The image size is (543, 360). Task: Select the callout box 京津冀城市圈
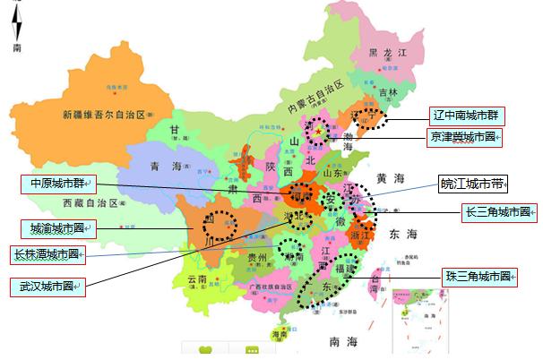[462, 137]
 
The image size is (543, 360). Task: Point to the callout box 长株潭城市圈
[47, 254]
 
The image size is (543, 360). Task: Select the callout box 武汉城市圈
[47, 287]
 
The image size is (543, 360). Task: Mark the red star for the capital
[319, 129]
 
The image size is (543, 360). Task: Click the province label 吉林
[387, 91]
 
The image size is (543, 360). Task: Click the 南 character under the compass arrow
[17, 47]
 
